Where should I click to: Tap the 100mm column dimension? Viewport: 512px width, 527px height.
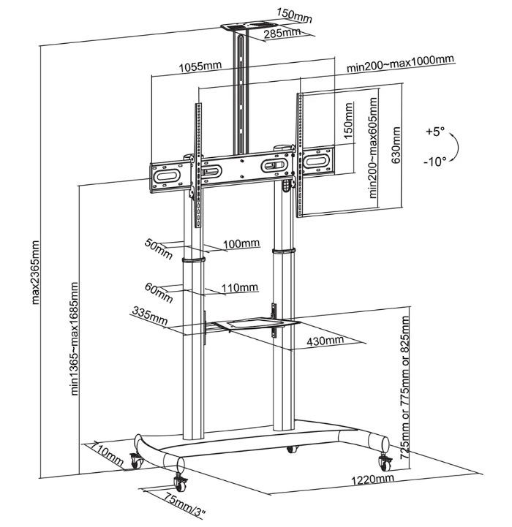(x=241, y=243)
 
